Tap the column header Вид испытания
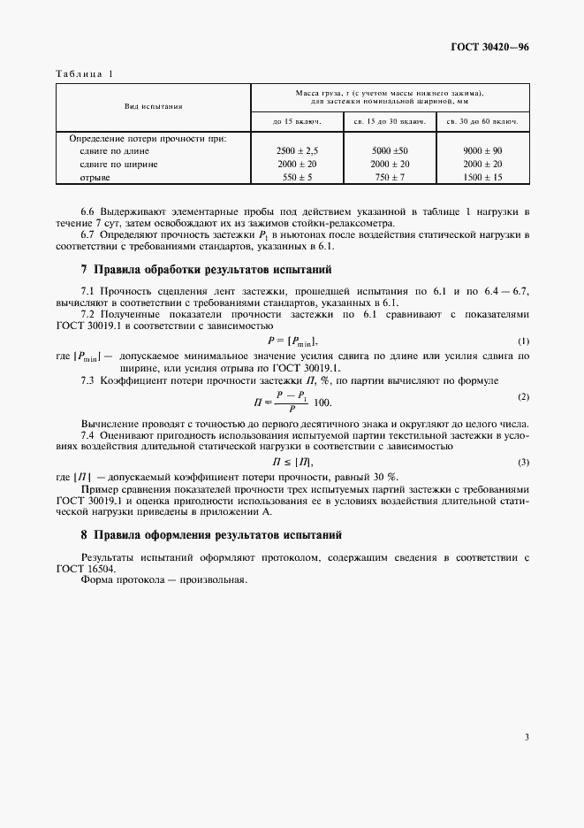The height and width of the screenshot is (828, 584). (x=154, y=107)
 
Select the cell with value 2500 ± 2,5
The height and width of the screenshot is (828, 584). (x=297, y=151)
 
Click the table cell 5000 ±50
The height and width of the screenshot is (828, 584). (x=390, y=151)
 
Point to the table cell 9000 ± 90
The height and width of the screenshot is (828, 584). (x=482, y=151)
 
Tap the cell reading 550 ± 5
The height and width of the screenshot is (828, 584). (x=297, y=177)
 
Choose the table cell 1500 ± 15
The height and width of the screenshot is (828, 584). (x=482, y=177)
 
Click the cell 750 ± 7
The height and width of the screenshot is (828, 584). (x=390, y=177)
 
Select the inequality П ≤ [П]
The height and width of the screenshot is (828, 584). (x=292, y=462)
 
